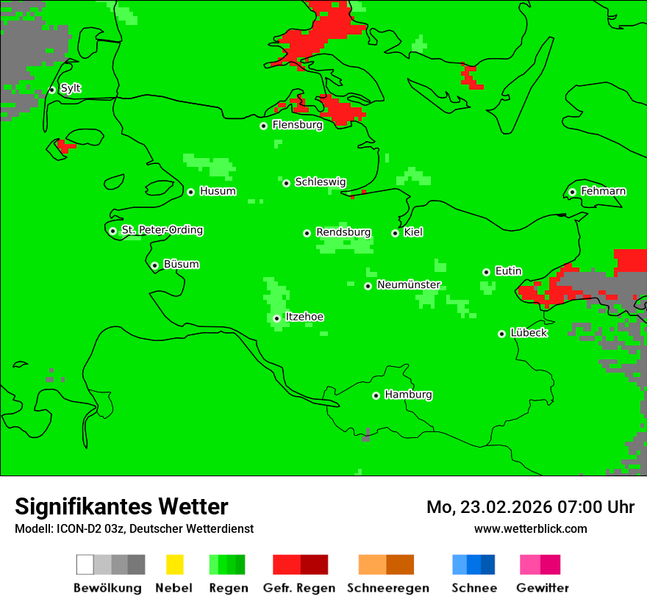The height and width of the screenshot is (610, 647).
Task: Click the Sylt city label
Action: (71, 89)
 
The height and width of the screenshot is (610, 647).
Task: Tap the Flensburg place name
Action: (297, 125)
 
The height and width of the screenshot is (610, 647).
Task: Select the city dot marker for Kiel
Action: (395, 233)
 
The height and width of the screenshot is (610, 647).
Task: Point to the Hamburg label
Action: (408, 395)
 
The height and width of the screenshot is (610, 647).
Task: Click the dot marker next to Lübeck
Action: (501, 334)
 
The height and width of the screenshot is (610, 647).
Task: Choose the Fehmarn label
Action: (603, 191)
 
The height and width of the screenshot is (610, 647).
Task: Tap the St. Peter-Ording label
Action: (162, 230)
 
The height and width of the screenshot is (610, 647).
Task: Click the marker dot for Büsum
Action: (154, 265)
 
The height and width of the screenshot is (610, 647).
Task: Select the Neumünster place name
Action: (409, 284)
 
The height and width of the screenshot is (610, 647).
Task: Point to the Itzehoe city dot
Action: (276, 318)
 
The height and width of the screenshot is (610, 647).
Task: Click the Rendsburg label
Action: (343, 232)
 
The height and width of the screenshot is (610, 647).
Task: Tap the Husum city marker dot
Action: (190, 192)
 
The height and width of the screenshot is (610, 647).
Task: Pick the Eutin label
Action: (508, 271)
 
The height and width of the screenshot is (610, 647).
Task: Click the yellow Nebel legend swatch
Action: (174, 564)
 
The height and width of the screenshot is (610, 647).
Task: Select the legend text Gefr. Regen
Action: (299, 588)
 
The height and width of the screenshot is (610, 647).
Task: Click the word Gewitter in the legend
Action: (543, 588)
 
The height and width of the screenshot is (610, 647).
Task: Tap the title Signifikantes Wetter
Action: (121, 506)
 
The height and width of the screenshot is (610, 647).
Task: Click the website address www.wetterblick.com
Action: (530, 528)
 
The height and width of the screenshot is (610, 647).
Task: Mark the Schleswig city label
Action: (320, 182)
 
